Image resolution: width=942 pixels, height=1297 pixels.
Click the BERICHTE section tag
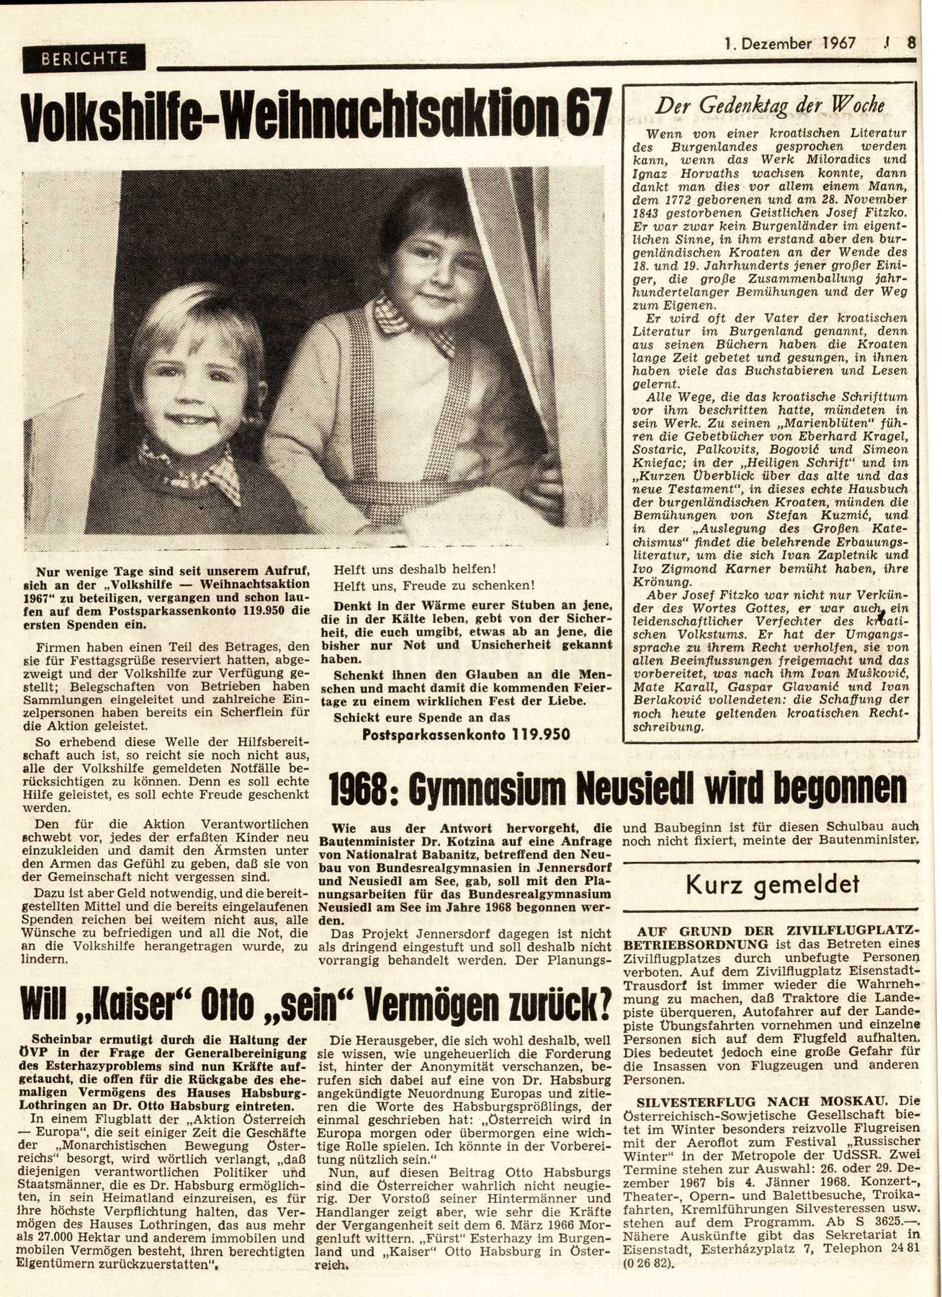pos(84,58)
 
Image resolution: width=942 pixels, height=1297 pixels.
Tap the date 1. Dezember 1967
pos(789,43)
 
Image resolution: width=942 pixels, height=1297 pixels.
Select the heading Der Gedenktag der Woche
pos(770,106)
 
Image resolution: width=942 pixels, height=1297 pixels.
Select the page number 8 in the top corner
pos(912,43)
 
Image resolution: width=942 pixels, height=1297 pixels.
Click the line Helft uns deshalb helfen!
pos(414,568)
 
